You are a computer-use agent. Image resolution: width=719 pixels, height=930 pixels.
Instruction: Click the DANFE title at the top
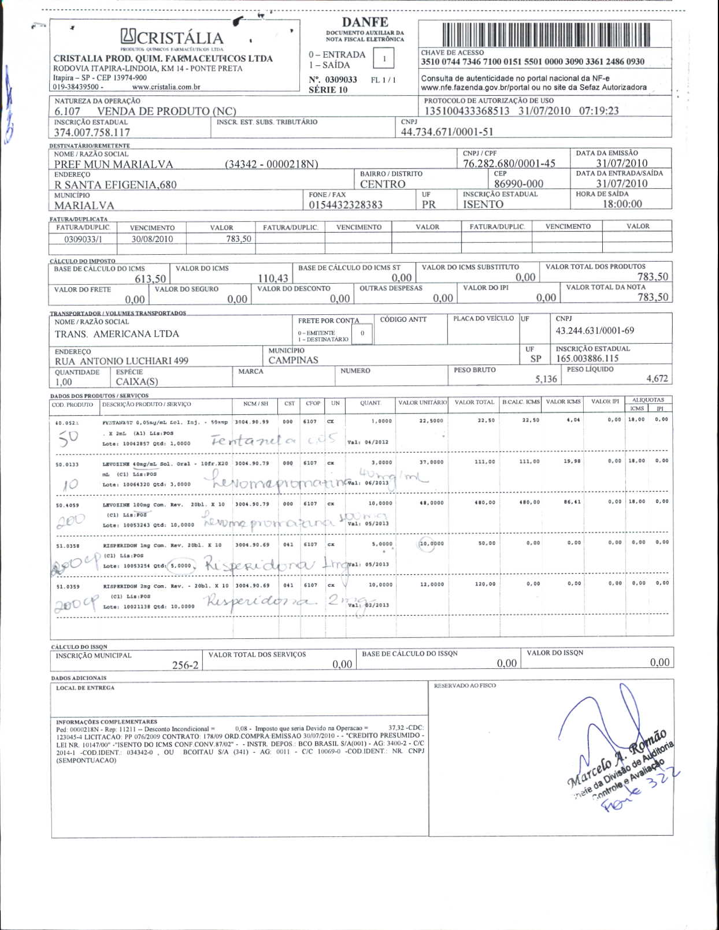365,22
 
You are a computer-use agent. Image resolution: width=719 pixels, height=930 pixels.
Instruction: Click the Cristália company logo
172,38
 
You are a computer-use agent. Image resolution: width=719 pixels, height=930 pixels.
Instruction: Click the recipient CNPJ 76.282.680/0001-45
509,163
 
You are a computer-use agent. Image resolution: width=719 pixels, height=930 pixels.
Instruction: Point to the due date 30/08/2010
151,239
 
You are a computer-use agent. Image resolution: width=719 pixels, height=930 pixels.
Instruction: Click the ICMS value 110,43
273,278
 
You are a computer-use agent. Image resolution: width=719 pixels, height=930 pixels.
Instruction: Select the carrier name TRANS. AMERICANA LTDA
117,334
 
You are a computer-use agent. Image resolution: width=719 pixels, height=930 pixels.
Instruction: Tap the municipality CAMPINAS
293,360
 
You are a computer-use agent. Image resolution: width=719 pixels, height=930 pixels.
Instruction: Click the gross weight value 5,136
546,379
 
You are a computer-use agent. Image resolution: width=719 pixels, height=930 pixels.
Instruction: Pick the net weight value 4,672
657,379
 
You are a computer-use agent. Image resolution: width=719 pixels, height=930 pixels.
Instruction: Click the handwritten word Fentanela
254,441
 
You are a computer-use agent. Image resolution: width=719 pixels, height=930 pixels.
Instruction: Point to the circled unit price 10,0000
431,544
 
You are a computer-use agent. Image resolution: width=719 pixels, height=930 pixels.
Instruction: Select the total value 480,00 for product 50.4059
484,503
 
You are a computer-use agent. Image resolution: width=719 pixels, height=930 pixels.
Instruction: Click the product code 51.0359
68,587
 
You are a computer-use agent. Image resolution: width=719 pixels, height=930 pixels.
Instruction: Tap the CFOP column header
313,403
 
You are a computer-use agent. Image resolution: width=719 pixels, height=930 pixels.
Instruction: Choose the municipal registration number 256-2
185,665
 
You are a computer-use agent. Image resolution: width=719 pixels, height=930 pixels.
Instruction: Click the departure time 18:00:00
622,204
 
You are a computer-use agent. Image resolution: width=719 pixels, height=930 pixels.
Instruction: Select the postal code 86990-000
518,184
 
